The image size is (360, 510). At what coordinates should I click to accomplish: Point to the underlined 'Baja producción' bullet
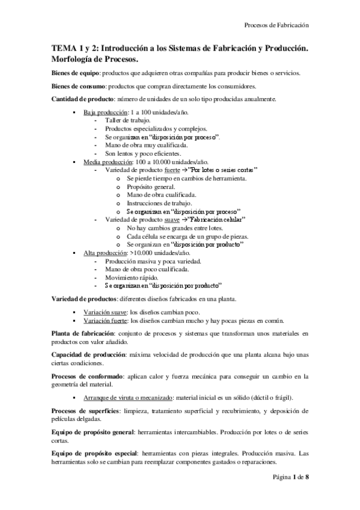click(105, 112)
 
